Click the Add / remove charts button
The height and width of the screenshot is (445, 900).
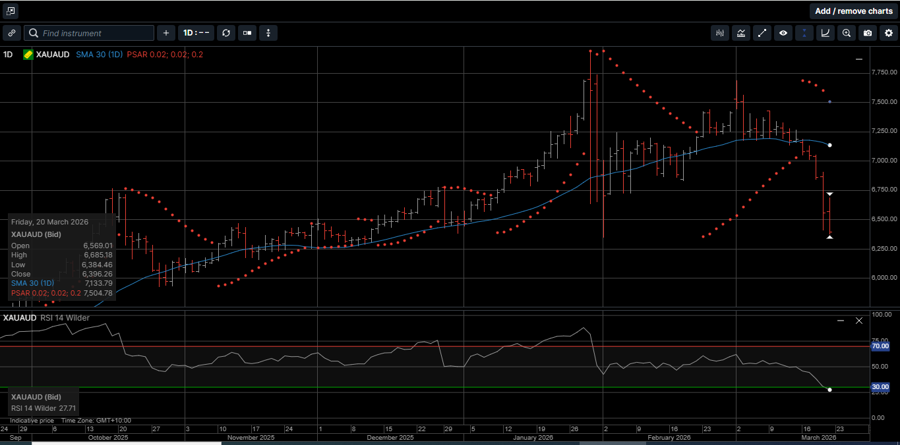[x=853, y=11]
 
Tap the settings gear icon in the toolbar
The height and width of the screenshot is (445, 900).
[x=889, y=33]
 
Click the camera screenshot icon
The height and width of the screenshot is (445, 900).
[x=868, y=33]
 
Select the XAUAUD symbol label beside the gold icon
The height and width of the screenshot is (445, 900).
[x=53, y=55]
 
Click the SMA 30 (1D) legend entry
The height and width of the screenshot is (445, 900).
[x=99, y=55]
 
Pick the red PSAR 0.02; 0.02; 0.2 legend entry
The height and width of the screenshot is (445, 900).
[x=165, y=55]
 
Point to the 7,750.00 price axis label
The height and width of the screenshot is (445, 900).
[x=884, y=72]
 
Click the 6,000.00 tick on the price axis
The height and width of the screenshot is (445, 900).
[x=884, y=278]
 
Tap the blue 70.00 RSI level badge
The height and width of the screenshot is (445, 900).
[x=880, y=346]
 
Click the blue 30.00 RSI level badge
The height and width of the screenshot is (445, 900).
[x=880, y=388]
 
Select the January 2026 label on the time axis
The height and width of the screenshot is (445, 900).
[x=533, y=437]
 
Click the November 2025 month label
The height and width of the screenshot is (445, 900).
[x=251, y=437]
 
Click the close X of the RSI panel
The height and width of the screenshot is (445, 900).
[x=859, y=321]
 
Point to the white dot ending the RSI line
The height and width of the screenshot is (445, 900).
[x=829, y=390]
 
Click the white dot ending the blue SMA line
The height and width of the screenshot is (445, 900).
[x=829, y=145]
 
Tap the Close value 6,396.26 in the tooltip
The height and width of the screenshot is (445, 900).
[x=99, y=274]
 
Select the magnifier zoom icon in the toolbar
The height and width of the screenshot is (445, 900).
[x=847, y=33]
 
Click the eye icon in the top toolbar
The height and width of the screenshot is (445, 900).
[x=783, y=33]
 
